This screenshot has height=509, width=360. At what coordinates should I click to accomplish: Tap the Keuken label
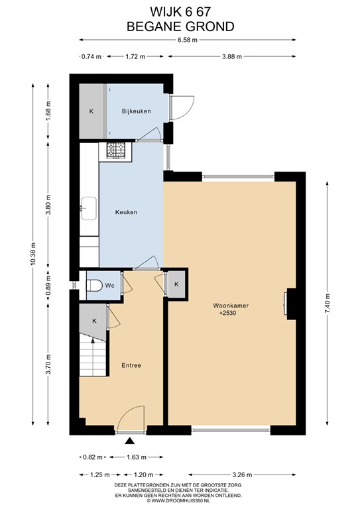[126, 212]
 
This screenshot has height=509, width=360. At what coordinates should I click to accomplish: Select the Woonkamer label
[231, 306]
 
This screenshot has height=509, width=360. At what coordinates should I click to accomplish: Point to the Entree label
[131, 365]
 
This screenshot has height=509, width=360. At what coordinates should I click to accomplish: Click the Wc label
[109, 286]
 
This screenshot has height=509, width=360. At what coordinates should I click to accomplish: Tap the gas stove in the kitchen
[116, 150]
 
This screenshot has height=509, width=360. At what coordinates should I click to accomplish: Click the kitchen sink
[89, 208]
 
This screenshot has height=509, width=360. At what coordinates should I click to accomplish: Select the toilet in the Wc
[94, 286]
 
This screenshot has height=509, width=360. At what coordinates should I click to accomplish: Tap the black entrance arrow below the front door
[130, 441]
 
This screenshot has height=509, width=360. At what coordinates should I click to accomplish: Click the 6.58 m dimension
[188, 40]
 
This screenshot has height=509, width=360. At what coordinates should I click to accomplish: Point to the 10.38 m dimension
[32, 254]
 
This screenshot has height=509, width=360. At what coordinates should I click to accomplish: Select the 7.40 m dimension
[328, 303]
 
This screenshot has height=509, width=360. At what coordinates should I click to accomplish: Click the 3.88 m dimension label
[232, 56]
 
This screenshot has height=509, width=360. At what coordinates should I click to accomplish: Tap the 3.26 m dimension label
[242, 475]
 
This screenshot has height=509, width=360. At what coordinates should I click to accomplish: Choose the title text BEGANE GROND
[180, 27]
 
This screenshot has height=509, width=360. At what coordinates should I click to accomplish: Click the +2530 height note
[228, 313]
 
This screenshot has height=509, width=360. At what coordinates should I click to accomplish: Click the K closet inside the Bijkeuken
[92, 111]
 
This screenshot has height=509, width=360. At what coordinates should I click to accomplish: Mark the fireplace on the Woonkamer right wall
[290, 304]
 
